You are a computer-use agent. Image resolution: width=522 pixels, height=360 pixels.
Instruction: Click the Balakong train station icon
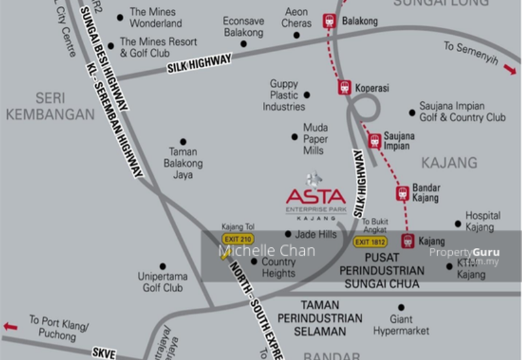pyautogui.click(x=330, y=21)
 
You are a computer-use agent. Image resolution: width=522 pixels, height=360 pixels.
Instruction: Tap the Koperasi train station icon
pyautogui.click(x=345, y=87)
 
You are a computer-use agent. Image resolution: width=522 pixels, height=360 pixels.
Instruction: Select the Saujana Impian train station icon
pyautogui.click(x=374, y=140)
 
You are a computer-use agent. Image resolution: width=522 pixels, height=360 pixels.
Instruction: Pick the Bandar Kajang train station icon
pyautogui.click(x=403, y=193)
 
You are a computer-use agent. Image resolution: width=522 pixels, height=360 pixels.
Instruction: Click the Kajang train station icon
pyautogui.click(x=408, y=241)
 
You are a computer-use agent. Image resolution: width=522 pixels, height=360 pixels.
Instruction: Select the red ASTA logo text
pyautogui.click(x=316, y=196)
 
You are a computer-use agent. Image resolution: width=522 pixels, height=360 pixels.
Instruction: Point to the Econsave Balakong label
pyautogui.click(x=243, y=27)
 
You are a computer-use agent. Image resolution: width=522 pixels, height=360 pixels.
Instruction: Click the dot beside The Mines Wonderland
pyautogui.click(x=119, y=18)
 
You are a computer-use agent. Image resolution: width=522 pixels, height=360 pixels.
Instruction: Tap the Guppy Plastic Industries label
pyautogui.click(x=284, y=95)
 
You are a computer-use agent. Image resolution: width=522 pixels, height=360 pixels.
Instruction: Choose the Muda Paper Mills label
pyautogui.click(x=315, y=139)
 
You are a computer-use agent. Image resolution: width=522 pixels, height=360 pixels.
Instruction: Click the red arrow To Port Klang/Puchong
pyautogui.click(x=10, y=326)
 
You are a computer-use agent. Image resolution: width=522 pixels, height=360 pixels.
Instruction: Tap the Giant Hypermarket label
pyautogui.click(x=401, y=325)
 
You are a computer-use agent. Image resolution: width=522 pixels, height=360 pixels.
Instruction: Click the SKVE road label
pyautogui.click(x=104, y=353)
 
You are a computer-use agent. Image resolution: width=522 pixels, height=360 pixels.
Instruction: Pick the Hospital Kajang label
pyautogui.click(x=482, y=220)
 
